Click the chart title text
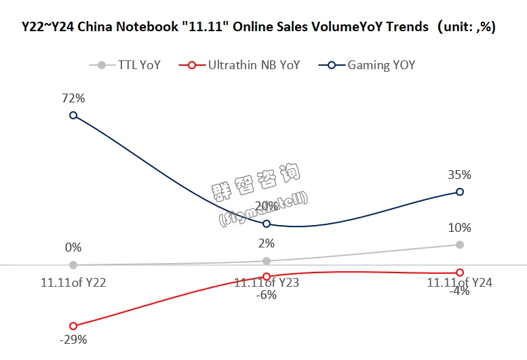[x=263, y=27]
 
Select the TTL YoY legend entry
[x=125, y=65]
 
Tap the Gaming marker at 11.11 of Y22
[x=73, y=115]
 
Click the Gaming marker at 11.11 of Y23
[x=267, y=224]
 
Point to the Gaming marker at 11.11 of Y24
[x=460, y=192]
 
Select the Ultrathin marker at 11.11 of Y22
[x=73, y=326]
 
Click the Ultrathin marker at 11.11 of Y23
[x=267, y=276]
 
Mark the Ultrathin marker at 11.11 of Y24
[x=460, y=273]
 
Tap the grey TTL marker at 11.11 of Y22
[x=73, y=265]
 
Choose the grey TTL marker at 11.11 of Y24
[x=460, y=244]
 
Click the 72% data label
[x=73, y=98]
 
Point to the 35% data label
[x=460, y=174]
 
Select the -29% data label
[x=73, y=340]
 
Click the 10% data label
[x=460, y=228]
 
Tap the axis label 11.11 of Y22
[x=73, y=283]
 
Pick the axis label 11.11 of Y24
[x=460, y=283]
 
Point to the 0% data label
[x=73, y=247]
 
